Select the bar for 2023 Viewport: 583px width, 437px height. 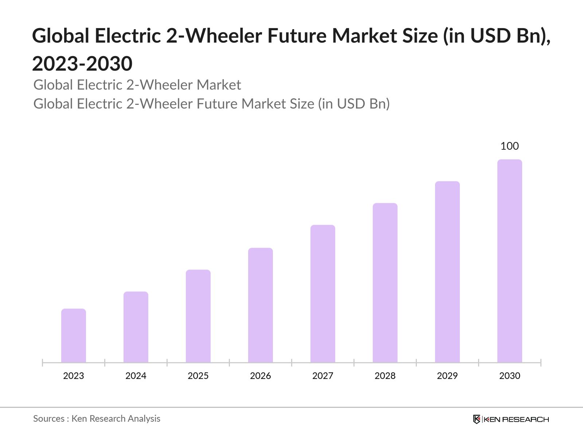click(74, 335)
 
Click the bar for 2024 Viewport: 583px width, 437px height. click(136, 327)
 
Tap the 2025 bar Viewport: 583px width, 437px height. click(198, 316)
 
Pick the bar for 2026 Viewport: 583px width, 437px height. click(261, 305)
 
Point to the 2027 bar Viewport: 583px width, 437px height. click(323, 294)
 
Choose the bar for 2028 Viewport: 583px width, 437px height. click(385, 283)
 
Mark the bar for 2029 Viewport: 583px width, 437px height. click(447, 272)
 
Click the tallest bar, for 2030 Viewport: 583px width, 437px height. click(510, 261)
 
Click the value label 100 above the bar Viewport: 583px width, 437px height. click(509, 146)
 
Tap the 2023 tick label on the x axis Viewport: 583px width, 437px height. click(74, 376)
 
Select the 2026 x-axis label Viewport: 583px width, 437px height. click(261, 376)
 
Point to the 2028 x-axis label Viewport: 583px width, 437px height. click(385, 376)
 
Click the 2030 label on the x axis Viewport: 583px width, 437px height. click(510, 376)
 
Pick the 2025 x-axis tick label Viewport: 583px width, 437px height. click(198, 376)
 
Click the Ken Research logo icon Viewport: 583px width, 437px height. click(477, 419)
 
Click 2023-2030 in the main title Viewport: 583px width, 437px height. click(82, 64)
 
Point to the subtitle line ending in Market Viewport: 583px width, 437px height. click(137, 85)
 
